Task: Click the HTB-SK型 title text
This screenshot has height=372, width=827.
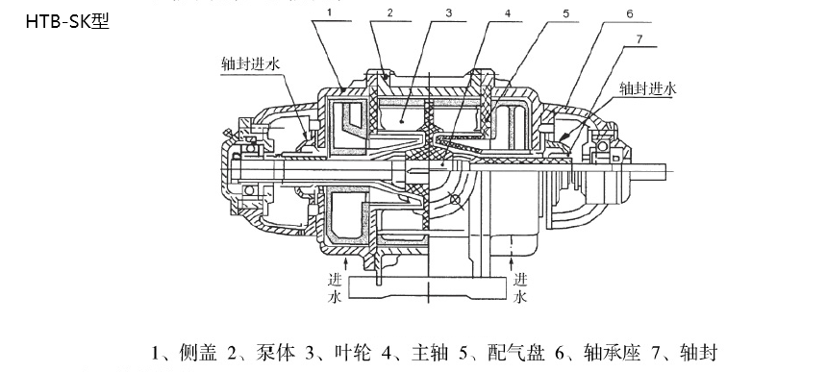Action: (x=67, y=20)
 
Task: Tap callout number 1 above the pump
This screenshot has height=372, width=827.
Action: (x=328, y=12)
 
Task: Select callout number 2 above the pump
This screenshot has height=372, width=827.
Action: (x=389, y=12)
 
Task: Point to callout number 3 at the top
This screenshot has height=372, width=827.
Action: (x=448, y=12)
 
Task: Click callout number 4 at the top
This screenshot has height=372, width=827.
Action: (x=507, y=13)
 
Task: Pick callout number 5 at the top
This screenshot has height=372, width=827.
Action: (x=565, y=13)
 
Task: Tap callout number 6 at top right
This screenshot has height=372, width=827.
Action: (x=630, y=14)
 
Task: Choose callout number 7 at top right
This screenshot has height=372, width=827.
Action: (x=639, y=39)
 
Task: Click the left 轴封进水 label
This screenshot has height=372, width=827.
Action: (x=251, y=64)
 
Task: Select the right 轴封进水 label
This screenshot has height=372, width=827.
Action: (x=648, y=88)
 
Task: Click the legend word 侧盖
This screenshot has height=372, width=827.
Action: (x=198, y=353)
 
